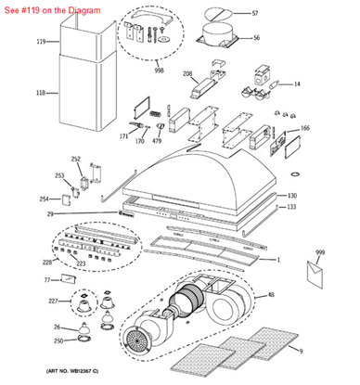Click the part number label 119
point(40,42)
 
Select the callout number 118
point(40,93)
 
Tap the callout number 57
point(255,14)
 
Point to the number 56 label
point(256,38)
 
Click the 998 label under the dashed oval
point(160,71)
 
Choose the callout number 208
point(186,73)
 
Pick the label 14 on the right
point(297,84)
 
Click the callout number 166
point(304,128)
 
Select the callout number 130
point(291,196)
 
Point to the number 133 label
point(291,207)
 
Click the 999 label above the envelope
point(320,252)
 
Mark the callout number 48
point(270,295)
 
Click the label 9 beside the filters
point(301,350)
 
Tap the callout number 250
point(58,340)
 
